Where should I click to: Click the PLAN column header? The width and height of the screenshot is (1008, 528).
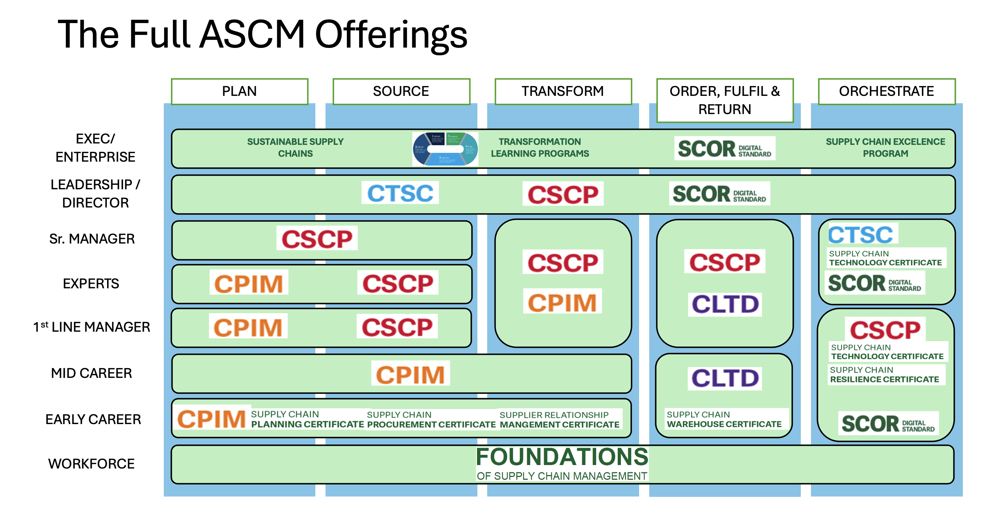[x=239, y=91]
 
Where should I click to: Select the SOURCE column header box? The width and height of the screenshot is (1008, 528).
[x=401, y=91]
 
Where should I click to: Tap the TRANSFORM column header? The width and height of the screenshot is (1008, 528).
[x=563, y=91]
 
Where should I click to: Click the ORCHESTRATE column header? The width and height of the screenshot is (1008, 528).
[x=886, y=91]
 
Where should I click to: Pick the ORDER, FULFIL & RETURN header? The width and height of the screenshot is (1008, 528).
[x=725, y=100]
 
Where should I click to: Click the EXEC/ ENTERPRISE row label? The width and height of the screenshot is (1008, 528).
[x=95, y=148]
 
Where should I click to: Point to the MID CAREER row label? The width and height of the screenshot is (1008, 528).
[x=91, y=373]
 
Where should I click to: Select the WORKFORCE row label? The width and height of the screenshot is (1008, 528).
[x=91, y=464]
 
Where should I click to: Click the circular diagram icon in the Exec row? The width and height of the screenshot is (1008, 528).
[x=445, y=149]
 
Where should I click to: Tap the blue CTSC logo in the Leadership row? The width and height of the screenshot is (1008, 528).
[x=400, y=193]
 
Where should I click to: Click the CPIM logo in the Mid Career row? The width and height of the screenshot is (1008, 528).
[x=410, y=374]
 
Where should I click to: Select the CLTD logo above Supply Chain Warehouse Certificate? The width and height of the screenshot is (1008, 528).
[x=725, y=378]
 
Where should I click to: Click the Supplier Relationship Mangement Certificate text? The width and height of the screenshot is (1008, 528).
[x=560, y=420]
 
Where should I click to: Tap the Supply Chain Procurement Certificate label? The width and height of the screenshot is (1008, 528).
[x=431, y=420]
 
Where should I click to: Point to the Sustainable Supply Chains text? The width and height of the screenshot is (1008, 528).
[x=295, y=147]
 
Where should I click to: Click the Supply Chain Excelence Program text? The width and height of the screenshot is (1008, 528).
[x=885, y=147]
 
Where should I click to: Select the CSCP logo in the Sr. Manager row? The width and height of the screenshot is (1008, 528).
[x=317, y=239]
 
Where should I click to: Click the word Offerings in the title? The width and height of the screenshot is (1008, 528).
[x=391, y=35]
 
